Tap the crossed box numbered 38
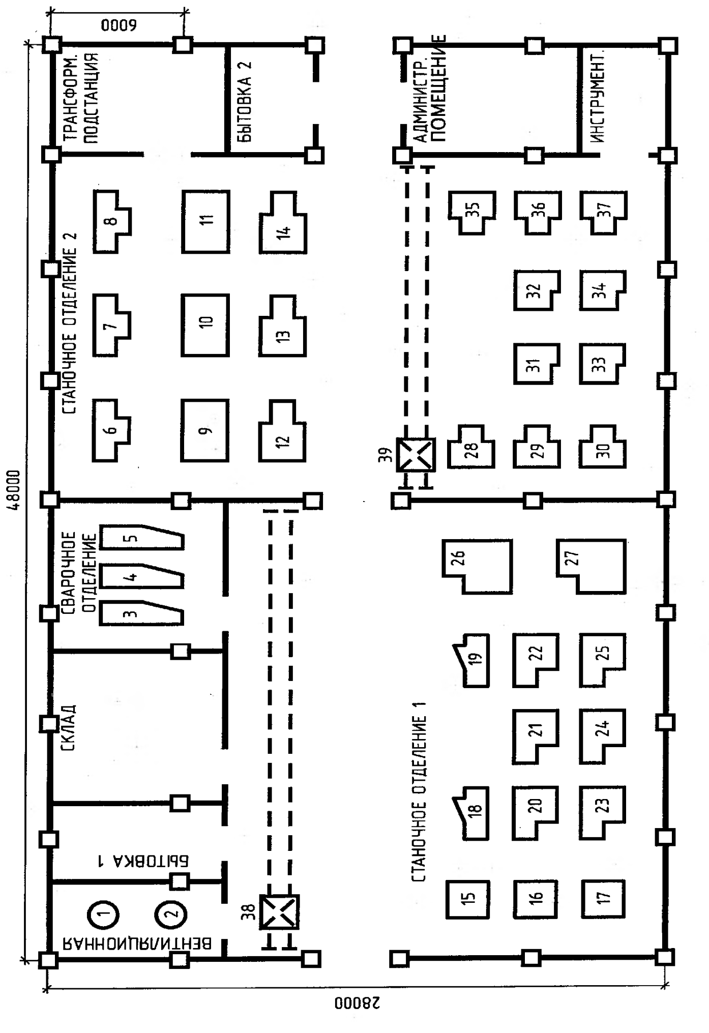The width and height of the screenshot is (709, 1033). pos(279,912)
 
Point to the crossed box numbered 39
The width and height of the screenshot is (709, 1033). pos(416,455)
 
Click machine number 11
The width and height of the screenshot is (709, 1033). pos(206,221)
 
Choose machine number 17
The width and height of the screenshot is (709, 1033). pos(603,899)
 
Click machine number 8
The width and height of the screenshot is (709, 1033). pos(112,221)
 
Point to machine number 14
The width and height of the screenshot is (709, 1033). pos(283,222)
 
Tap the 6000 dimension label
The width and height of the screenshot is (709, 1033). pos(119,25)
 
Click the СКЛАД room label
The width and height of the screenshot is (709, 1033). pos(68,727)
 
